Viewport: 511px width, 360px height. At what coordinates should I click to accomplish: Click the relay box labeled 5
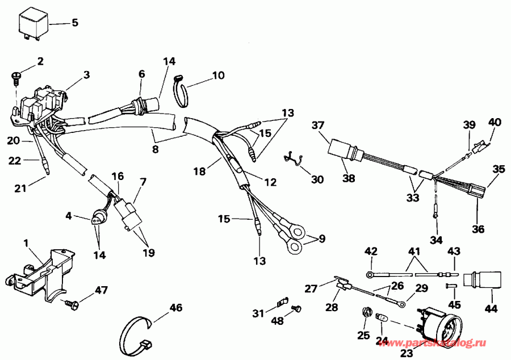pos(33,24)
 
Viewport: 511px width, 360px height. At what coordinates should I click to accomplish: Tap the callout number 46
pos(177,308)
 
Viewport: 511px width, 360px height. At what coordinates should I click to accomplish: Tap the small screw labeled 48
pos(295,308)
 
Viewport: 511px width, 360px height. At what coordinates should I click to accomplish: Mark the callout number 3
pos(86,74)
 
